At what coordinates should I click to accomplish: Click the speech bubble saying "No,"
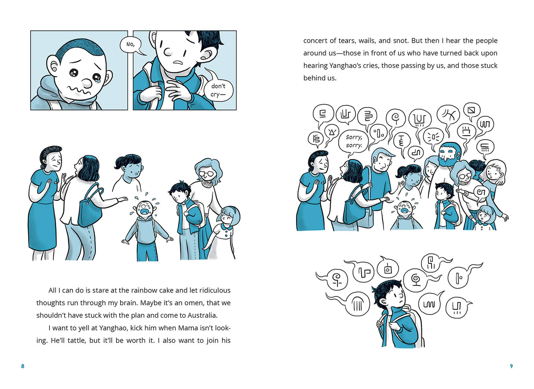tap(130, 45)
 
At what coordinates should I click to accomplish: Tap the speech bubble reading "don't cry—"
tap(218, 90)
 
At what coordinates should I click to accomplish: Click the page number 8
tap(23, 366)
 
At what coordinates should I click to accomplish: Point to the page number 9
tap(511, 366)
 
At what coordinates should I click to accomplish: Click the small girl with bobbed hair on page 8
tap(227, 229)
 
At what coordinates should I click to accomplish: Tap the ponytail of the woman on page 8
tap(120, 163)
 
